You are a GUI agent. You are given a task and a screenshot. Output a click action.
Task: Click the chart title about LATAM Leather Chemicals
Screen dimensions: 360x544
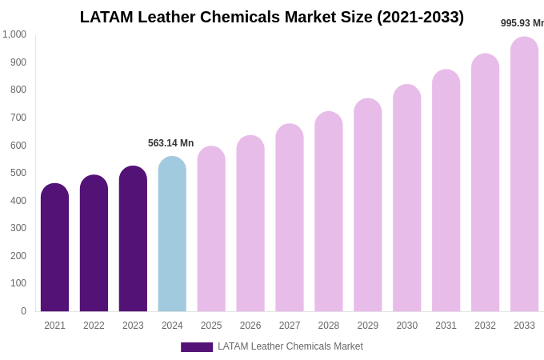(x=272, y=17)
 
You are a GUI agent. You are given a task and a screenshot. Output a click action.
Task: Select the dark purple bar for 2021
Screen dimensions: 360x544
(x=54, y=248)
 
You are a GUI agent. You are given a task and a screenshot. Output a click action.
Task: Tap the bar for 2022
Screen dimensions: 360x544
(x=94, y=244)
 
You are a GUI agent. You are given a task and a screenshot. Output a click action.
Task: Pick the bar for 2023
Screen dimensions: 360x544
(x=133, y=239)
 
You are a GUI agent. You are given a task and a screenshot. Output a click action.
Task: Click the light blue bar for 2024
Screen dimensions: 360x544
(x=172, y=234)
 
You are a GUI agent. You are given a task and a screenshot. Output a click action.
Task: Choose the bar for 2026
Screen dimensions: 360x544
(x=250, y=224)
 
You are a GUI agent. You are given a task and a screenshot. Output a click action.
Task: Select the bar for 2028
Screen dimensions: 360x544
(x=328, y=212)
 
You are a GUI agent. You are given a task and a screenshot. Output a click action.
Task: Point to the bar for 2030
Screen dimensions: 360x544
(x=406, y=198)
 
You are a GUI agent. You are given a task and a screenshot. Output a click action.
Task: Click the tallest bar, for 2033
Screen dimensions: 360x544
(x=524, y=174)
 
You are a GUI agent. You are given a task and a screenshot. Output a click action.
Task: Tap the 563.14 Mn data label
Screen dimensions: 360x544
(x=170, y=143)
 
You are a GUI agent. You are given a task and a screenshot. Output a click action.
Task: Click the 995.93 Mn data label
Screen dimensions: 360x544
(x=522, y=23)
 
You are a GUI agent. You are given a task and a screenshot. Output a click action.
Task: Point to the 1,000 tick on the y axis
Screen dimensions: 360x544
(x=14, y=34)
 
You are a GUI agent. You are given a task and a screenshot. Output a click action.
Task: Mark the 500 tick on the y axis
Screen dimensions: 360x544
(x=18, y=173)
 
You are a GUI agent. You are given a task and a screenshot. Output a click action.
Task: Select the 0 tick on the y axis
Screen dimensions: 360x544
(x=23, y=311)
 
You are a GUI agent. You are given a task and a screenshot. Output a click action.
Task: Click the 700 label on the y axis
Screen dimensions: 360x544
(x=18, y=118)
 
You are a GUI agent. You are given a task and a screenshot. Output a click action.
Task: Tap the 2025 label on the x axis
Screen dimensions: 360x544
(x=211, y=326)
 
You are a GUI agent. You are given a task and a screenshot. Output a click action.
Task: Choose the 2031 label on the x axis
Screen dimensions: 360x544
(x=446, y=326)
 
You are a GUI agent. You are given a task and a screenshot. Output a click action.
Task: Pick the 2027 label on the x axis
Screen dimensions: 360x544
(x=290, y=326)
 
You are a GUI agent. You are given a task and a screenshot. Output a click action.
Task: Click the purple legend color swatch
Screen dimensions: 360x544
(x=197, y=347)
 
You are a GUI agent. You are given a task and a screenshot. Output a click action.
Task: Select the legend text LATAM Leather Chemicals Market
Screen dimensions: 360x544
(x=290, y=346)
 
